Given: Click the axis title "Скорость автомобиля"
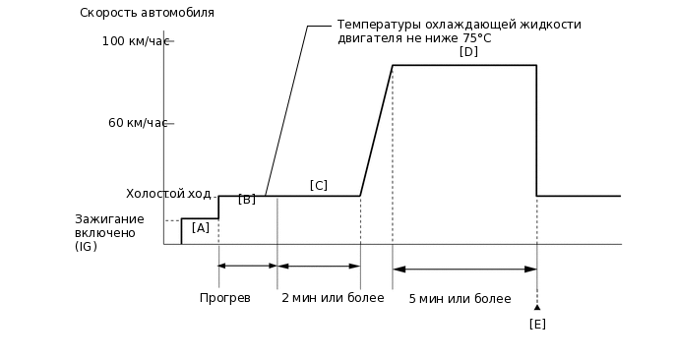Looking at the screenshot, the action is tap(147, 13).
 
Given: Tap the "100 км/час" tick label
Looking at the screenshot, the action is tap(136, 41).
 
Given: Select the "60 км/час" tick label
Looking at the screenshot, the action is tap(139, 123).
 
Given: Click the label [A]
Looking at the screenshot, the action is tap(201, 227).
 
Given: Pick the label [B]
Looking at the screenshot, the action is tap(247, 199).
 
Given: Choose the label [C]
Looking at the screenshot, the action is tap(318, 185).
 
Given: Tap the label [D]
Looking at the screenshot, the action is tap(468, 51).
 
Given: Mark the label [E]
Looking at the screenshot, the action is tap(537, 324).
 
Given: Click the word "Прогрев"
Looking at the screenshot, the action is tap(225, 297).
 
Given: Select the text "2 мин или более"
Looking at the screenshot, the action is tap(333, 297).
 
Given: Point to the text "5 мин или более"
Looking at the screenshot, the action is tap(460, 298).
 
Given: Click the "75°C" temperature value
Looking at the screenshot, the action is tap(476, 38).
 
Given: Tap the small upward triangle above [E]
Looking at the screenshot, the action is tap(537, 307).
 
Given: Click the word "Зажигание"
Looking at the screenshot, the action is tap(109, 218).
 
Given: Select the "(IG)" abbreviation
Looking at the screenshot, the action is tap(87, 246).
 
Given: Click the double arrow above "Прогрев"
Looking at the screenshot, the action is tap(248, 266).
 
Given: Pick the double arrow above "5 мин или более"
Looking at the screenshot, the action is tap(464, 269).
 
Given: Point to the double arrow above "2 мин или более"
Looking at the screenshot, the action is tap(319, 266).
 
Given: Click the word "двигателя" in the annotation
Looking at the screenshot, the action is tap(367, 38).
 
